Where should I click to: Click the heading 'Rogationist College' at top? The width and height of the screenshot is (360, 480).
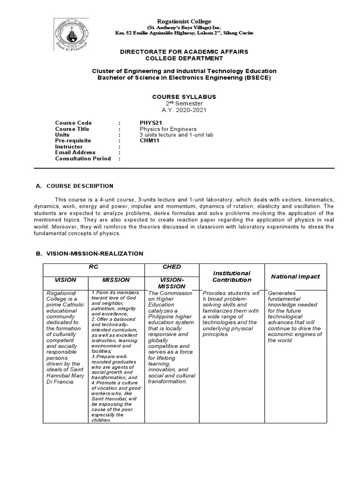184,22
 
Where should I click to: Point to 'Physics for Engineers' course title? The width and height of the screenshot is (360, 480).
168,129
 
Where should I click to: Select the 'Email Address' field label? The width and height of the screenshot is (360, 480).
75,152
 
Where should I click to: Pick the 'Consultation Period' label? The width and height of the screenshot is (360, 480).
83,158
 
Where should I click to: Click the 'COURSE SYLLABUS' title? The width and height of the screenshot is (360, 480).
184,97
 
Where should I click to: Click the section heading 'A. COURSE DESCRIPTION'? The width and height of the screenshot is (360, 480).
75,186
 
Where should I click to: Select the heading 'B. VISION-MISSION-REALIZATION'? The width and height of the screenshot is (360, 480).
90,253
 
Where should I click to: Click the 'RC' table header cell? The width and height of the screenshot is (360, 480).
94,267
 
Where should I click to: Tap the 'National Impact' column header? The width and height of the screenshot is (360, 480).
295,277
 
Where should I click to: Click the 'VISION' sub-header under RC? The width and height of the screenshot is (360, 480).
65,280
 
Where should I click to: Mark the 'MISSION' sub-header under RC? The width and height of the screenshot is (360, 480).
116,280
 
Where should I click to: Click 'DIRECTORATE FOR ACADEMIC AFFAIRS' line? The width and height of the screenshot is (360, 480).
184,51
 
